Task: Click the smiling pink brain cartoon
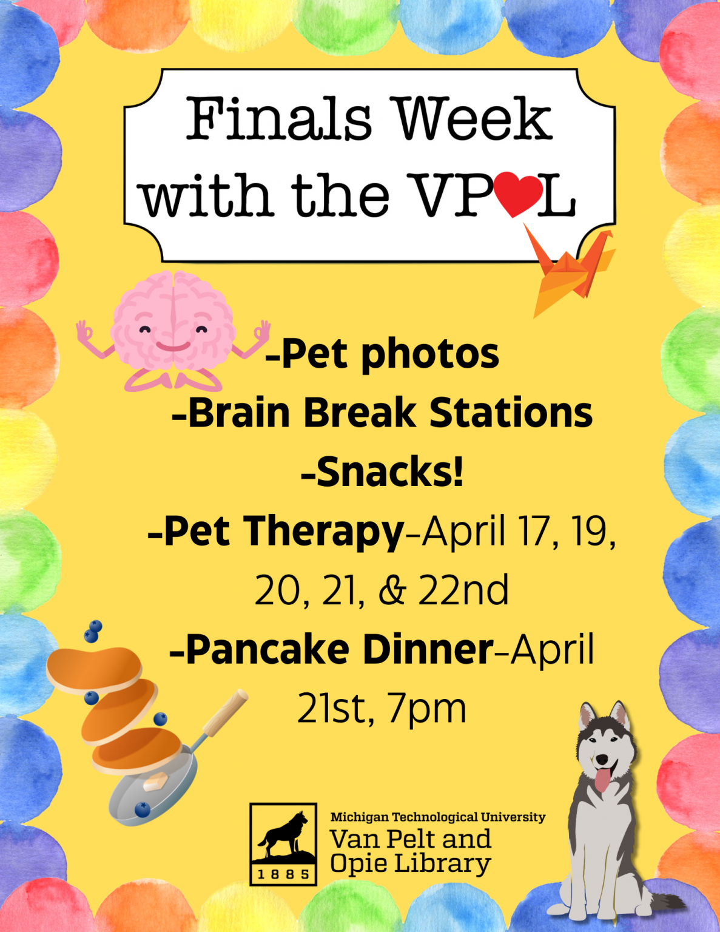point(173,331)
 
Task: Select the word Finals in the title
point(278,119)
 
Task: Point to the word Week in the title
point(474,119)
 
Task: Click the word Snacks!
point(382,472)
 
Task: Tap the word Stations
point(511,413)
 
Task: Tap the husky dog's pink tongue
point(603,780)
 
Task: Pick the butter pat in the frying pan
point(155,782)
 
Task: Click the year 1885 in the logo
point(283,874)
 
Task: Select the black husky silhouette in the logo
point(283,834)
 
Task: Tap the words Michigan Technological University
point(437,817)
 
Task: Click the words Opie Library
point(410,864)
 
